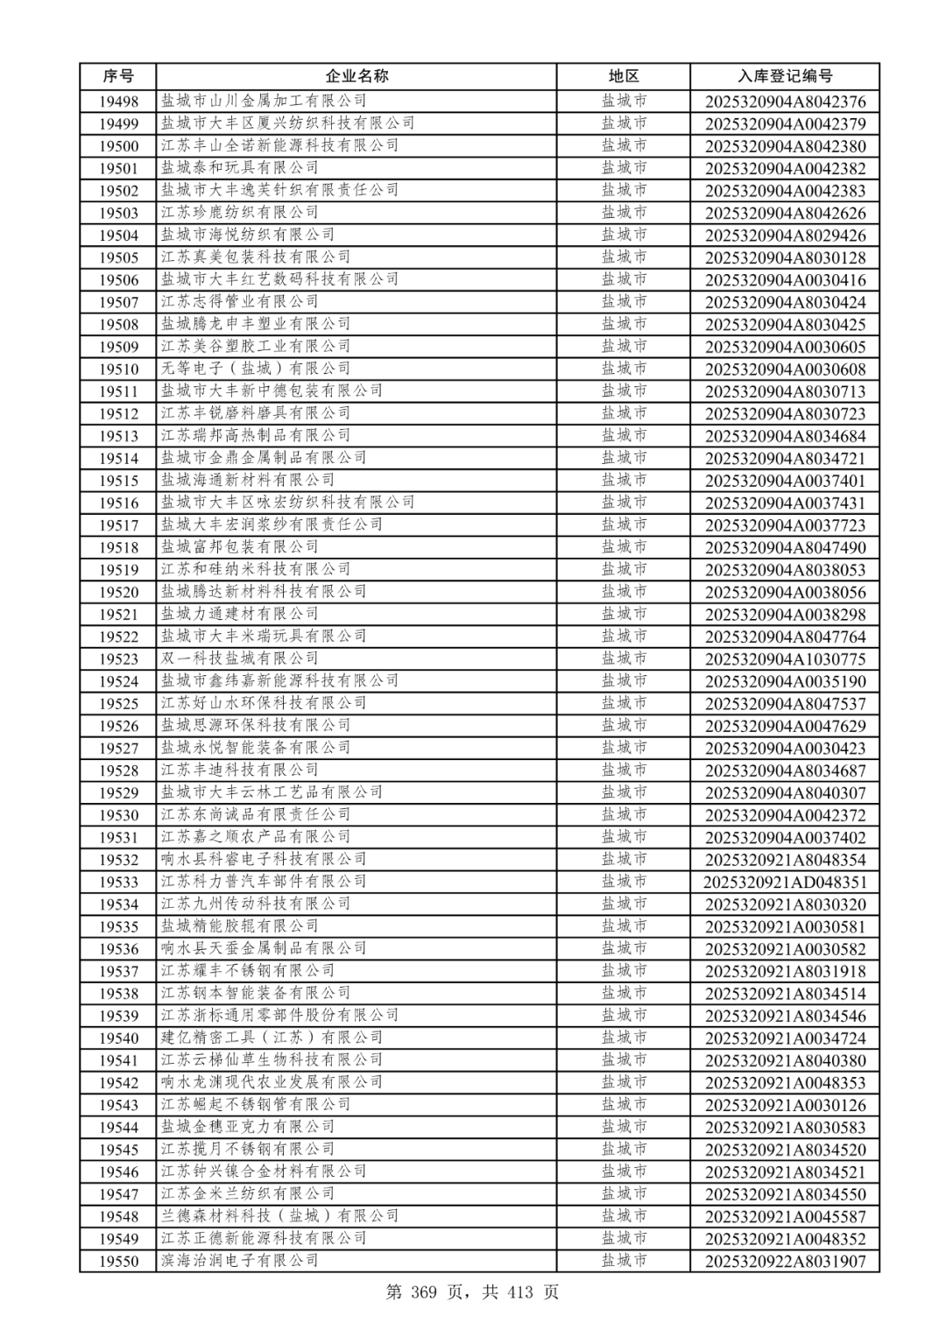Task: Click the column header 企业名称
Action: pyautogui.click(x=357, y=76)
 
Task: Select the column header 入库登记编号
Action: pyautogui.click(x=785, y=76)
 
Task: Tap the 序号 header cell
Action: pyautogui.click(x=118, y=76)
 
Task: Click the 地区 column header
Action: pyautogui.click(x=624, y=76)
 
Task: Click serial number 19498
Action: pyautogui.click(x=118, y=102)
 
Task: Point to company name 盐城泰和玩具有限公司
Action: pyautogui.click(x=239, y=167)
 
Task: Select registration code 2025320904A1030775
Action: pyautogui.click(x=785, y=659)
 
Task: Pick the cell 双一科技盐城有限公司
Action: pyautogui.click(x=239, y=658)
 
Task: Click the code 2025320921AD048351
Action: pyautogui.click(x=785, y=883)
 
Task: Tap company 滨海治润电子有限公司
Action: pyautogui.click(x=239, y=1260)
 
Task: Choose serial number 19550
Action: pyautogui.click(x=118, y=1262)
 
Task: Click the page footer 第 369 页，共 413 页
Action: pyautogui.click(x=472, y=1292)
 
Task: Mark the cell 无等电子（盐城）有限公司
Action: pyautogui.click(x=255, y=369)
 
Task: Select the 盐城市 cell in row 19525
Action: pyautogui.click(x=624, y=703)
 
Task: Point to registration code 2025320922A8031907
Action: pyautogui.click(x=785, y=1262)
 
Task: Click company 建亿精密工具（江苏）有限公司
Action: pyautogui.click(x=272, y=1038)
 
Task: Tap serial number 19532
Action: pyautogui.click(x=118, y=860)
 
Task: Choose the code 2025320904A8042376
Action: pyautogui.click(x=785, y=102)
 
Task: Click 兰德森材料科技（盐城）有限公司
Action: pyautogui.click(x=279, y=1216)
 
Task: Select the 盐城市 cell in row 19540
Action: pyautogui.click(x=624, y=1038)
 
